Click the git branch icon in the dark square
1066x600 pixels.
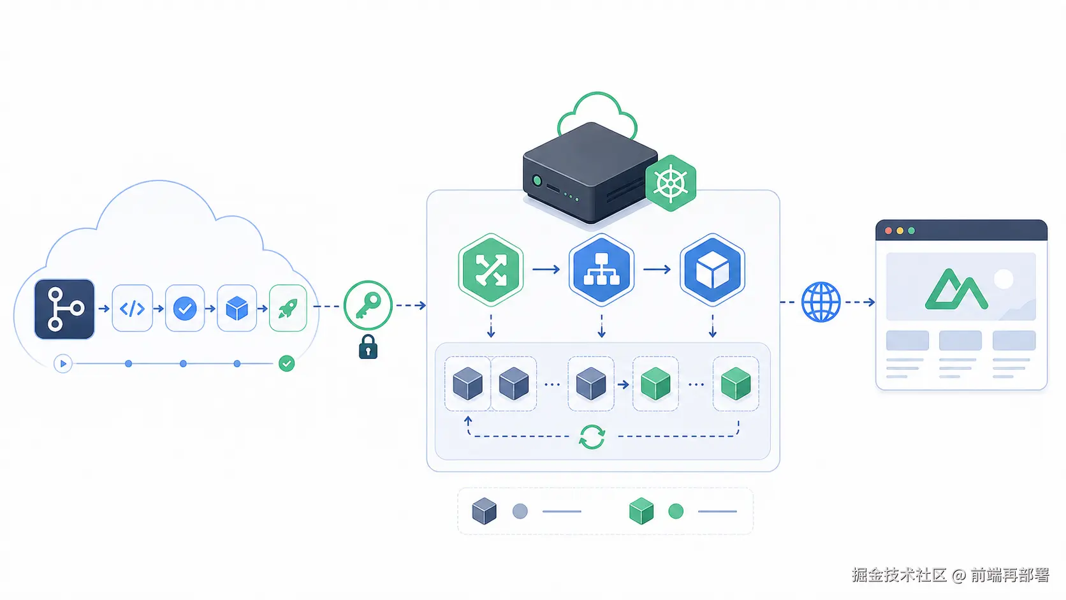pyautogui.click(x=65, y=309)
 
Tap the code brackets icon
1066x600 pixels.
pyautogui.click(x=133, y=309)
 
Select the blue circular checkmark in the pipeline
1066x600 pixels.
pyautogui.click(x=185, y=309)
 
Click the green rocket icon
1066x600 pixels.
pyautogui.click(x=288, y=309)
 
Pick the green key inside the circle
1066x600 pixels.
pyautogui.click(x=367, y=305)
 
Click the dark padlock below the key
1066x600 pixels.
pyautogui.click(x=368, y=346)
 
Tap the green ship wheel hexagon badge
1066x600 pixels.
pyautogui.click(x=671, y=183)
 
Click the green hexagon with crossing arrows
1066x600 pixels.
pyautogui.click(x=491, y=269)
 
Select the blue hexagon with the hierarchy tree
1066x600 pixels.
pyautogui.click(x=601, y=269)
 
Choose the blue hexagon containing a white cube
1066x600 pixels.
pyautogui.click(x=712, y=269)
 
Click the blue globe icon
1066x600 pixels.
pyautogui.click(x=821, y=302)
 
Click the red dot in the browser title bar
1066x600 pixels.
pyautogui.click(x=888, y=231)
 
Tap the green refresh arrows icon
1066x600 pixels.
pyautogui.click(x=592, y=437)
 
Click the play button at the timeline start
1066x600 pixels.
pyautogui.click(x=63, y=364)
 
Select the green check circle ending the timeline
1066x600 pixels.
pyautogui.click(x=286, y=363)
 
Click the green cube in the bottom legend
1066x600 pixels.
pyautogui.click(x=641, y=511)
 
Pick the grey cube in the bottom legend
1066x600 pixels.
pyautogui.click(x=485, y=511)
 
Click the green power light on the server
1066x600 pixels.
pyautogui.click(x=537, y=181)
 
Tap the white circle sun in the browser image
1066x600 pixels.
pyautogui.click(x=1004, y=279)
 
